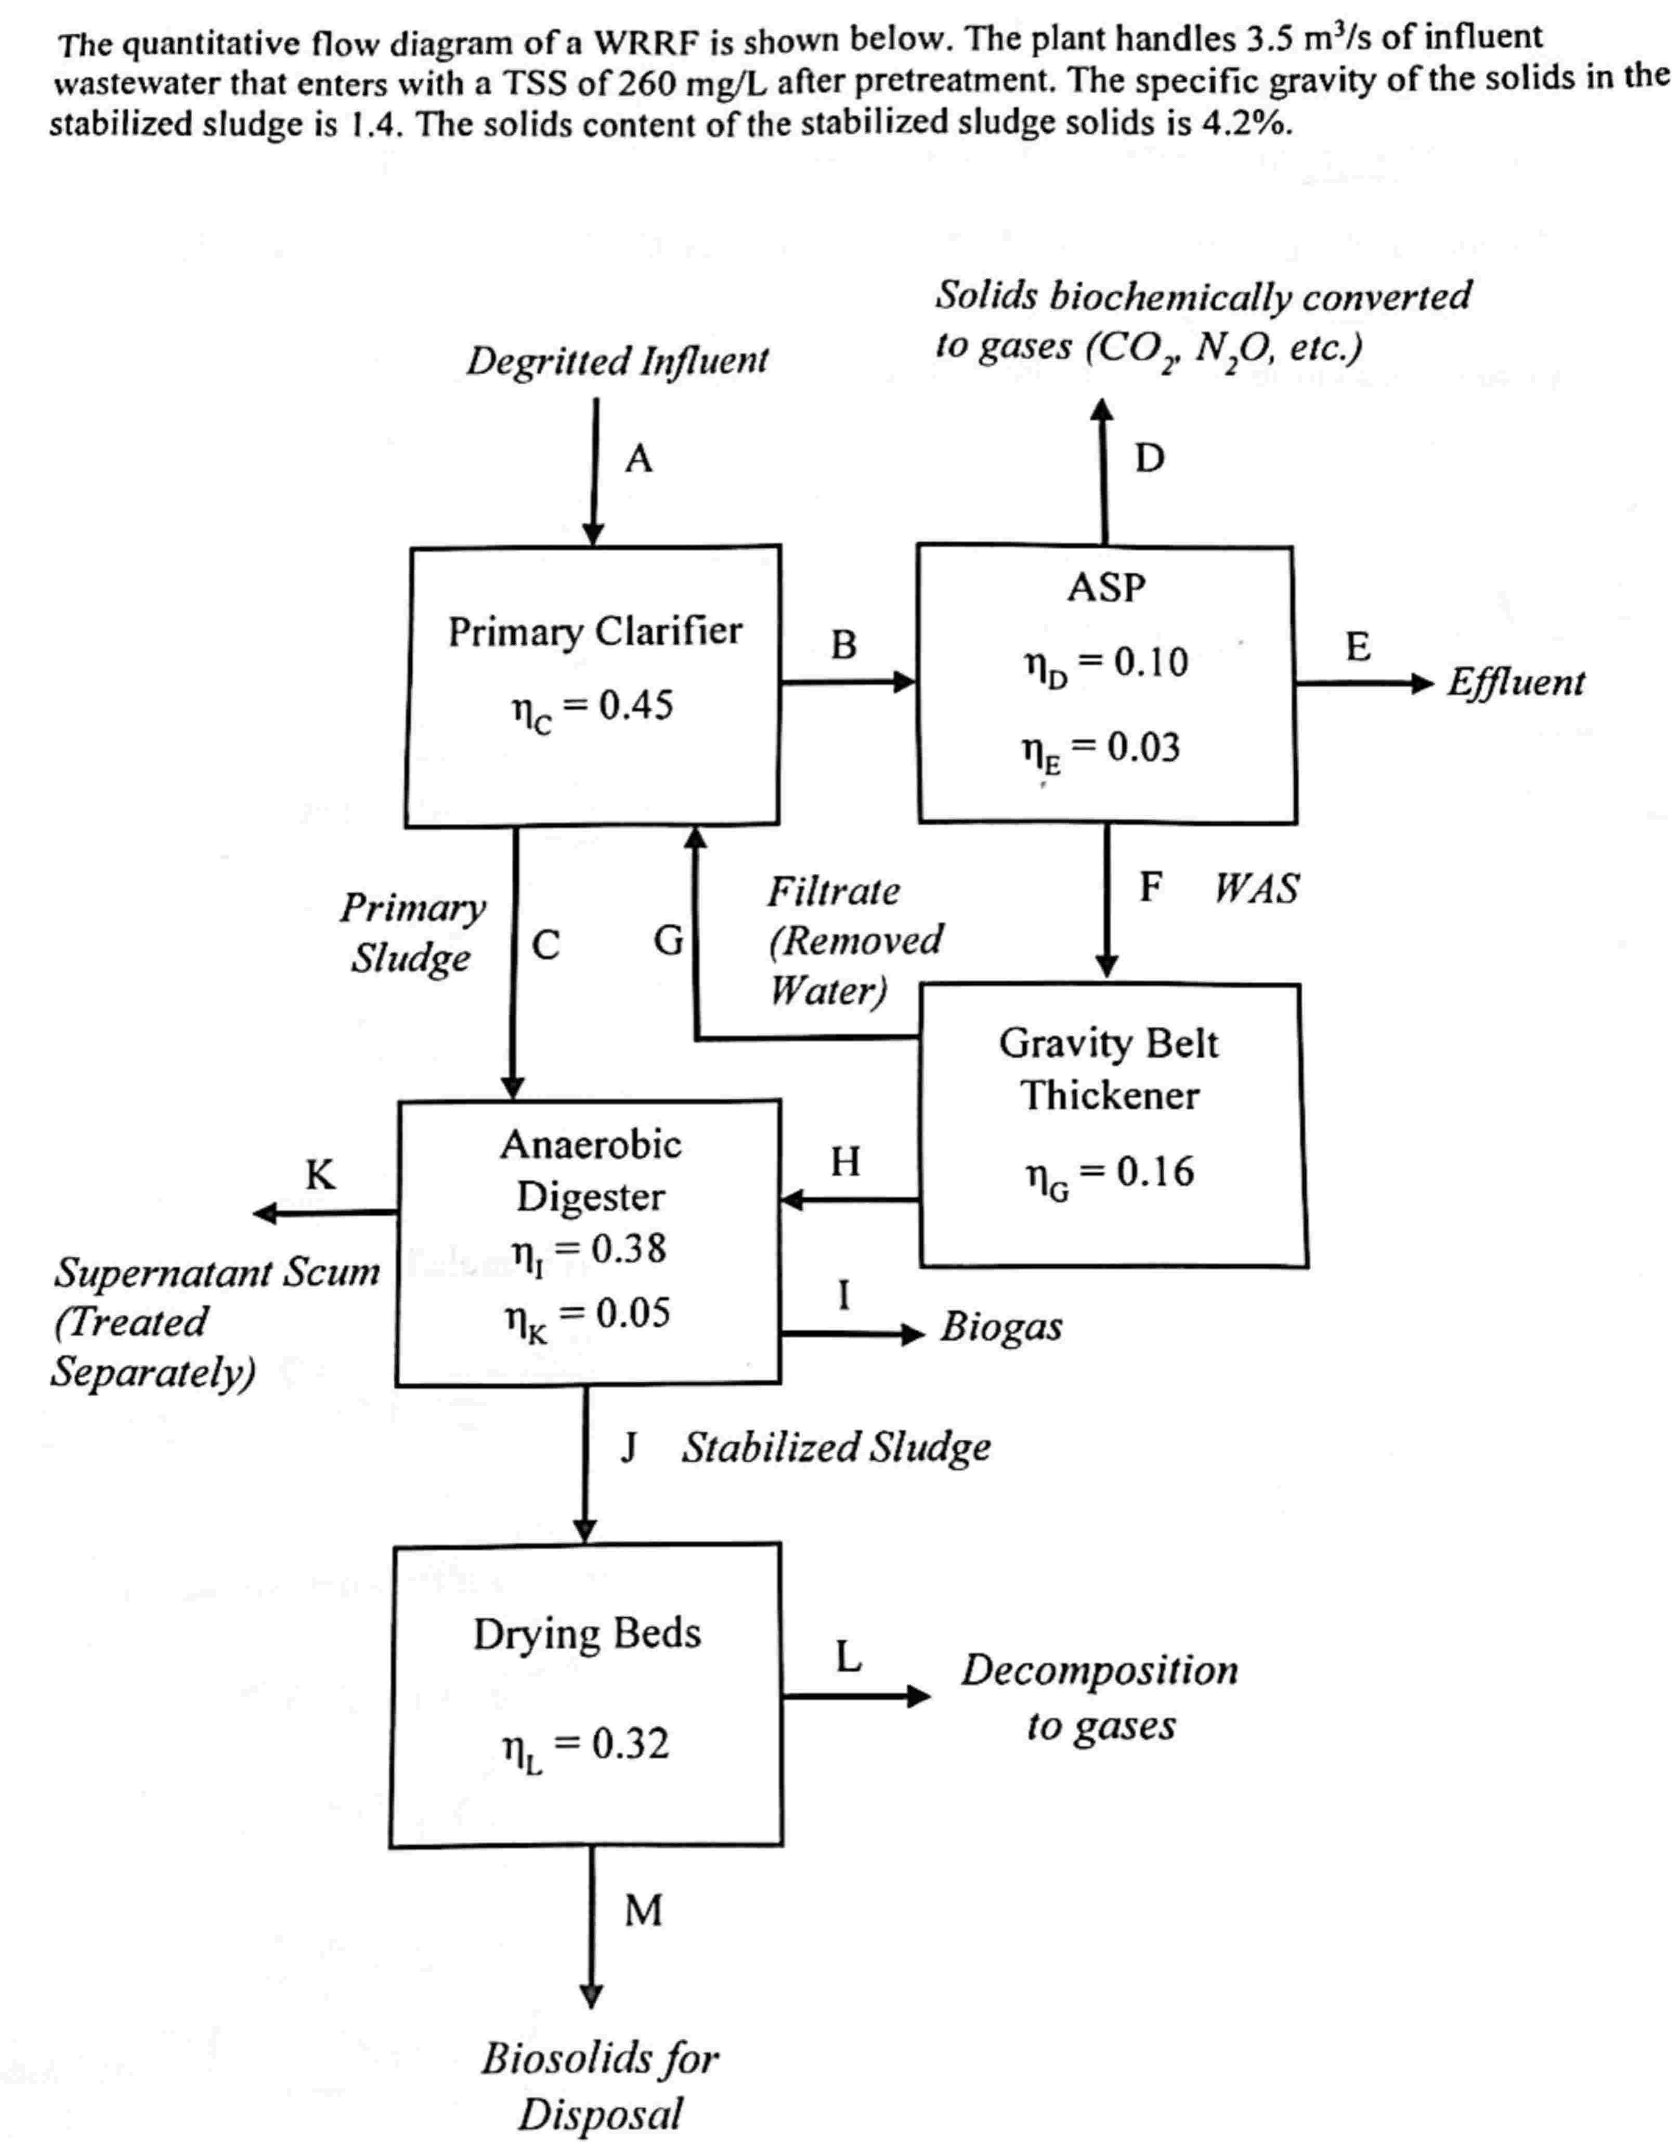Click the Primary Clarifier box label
pos(594,631)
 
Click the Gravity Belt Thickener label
pos(1109,1069)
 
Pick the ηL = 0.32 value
pos(586,1746)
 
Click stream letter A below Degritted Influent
pos(639,458)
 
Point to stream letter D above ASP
pos(1149,458)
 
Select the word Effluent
pos(1515,682)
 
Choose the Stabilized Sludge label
pos(836,1448)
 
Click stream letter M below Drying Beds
pos(643,1910)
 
